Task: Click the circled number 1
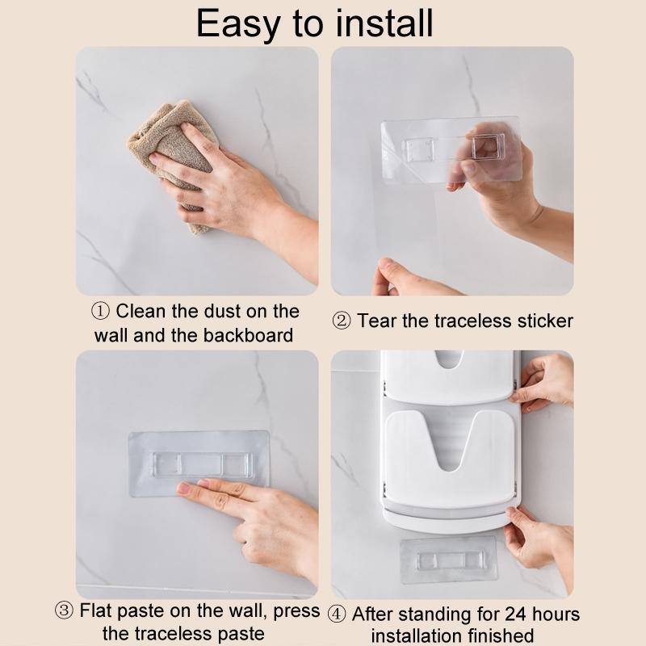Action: click(x=100, y=312)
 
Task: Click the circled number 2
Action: click(x=342, y=321)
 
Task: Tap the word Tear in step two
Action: click(x=380, y=321)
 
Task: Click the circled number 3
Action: click(x=65, y=610)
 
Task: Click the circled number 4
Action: click(x=337, y=615)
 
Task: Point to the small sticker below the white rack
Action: click(x=448, y=560)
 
